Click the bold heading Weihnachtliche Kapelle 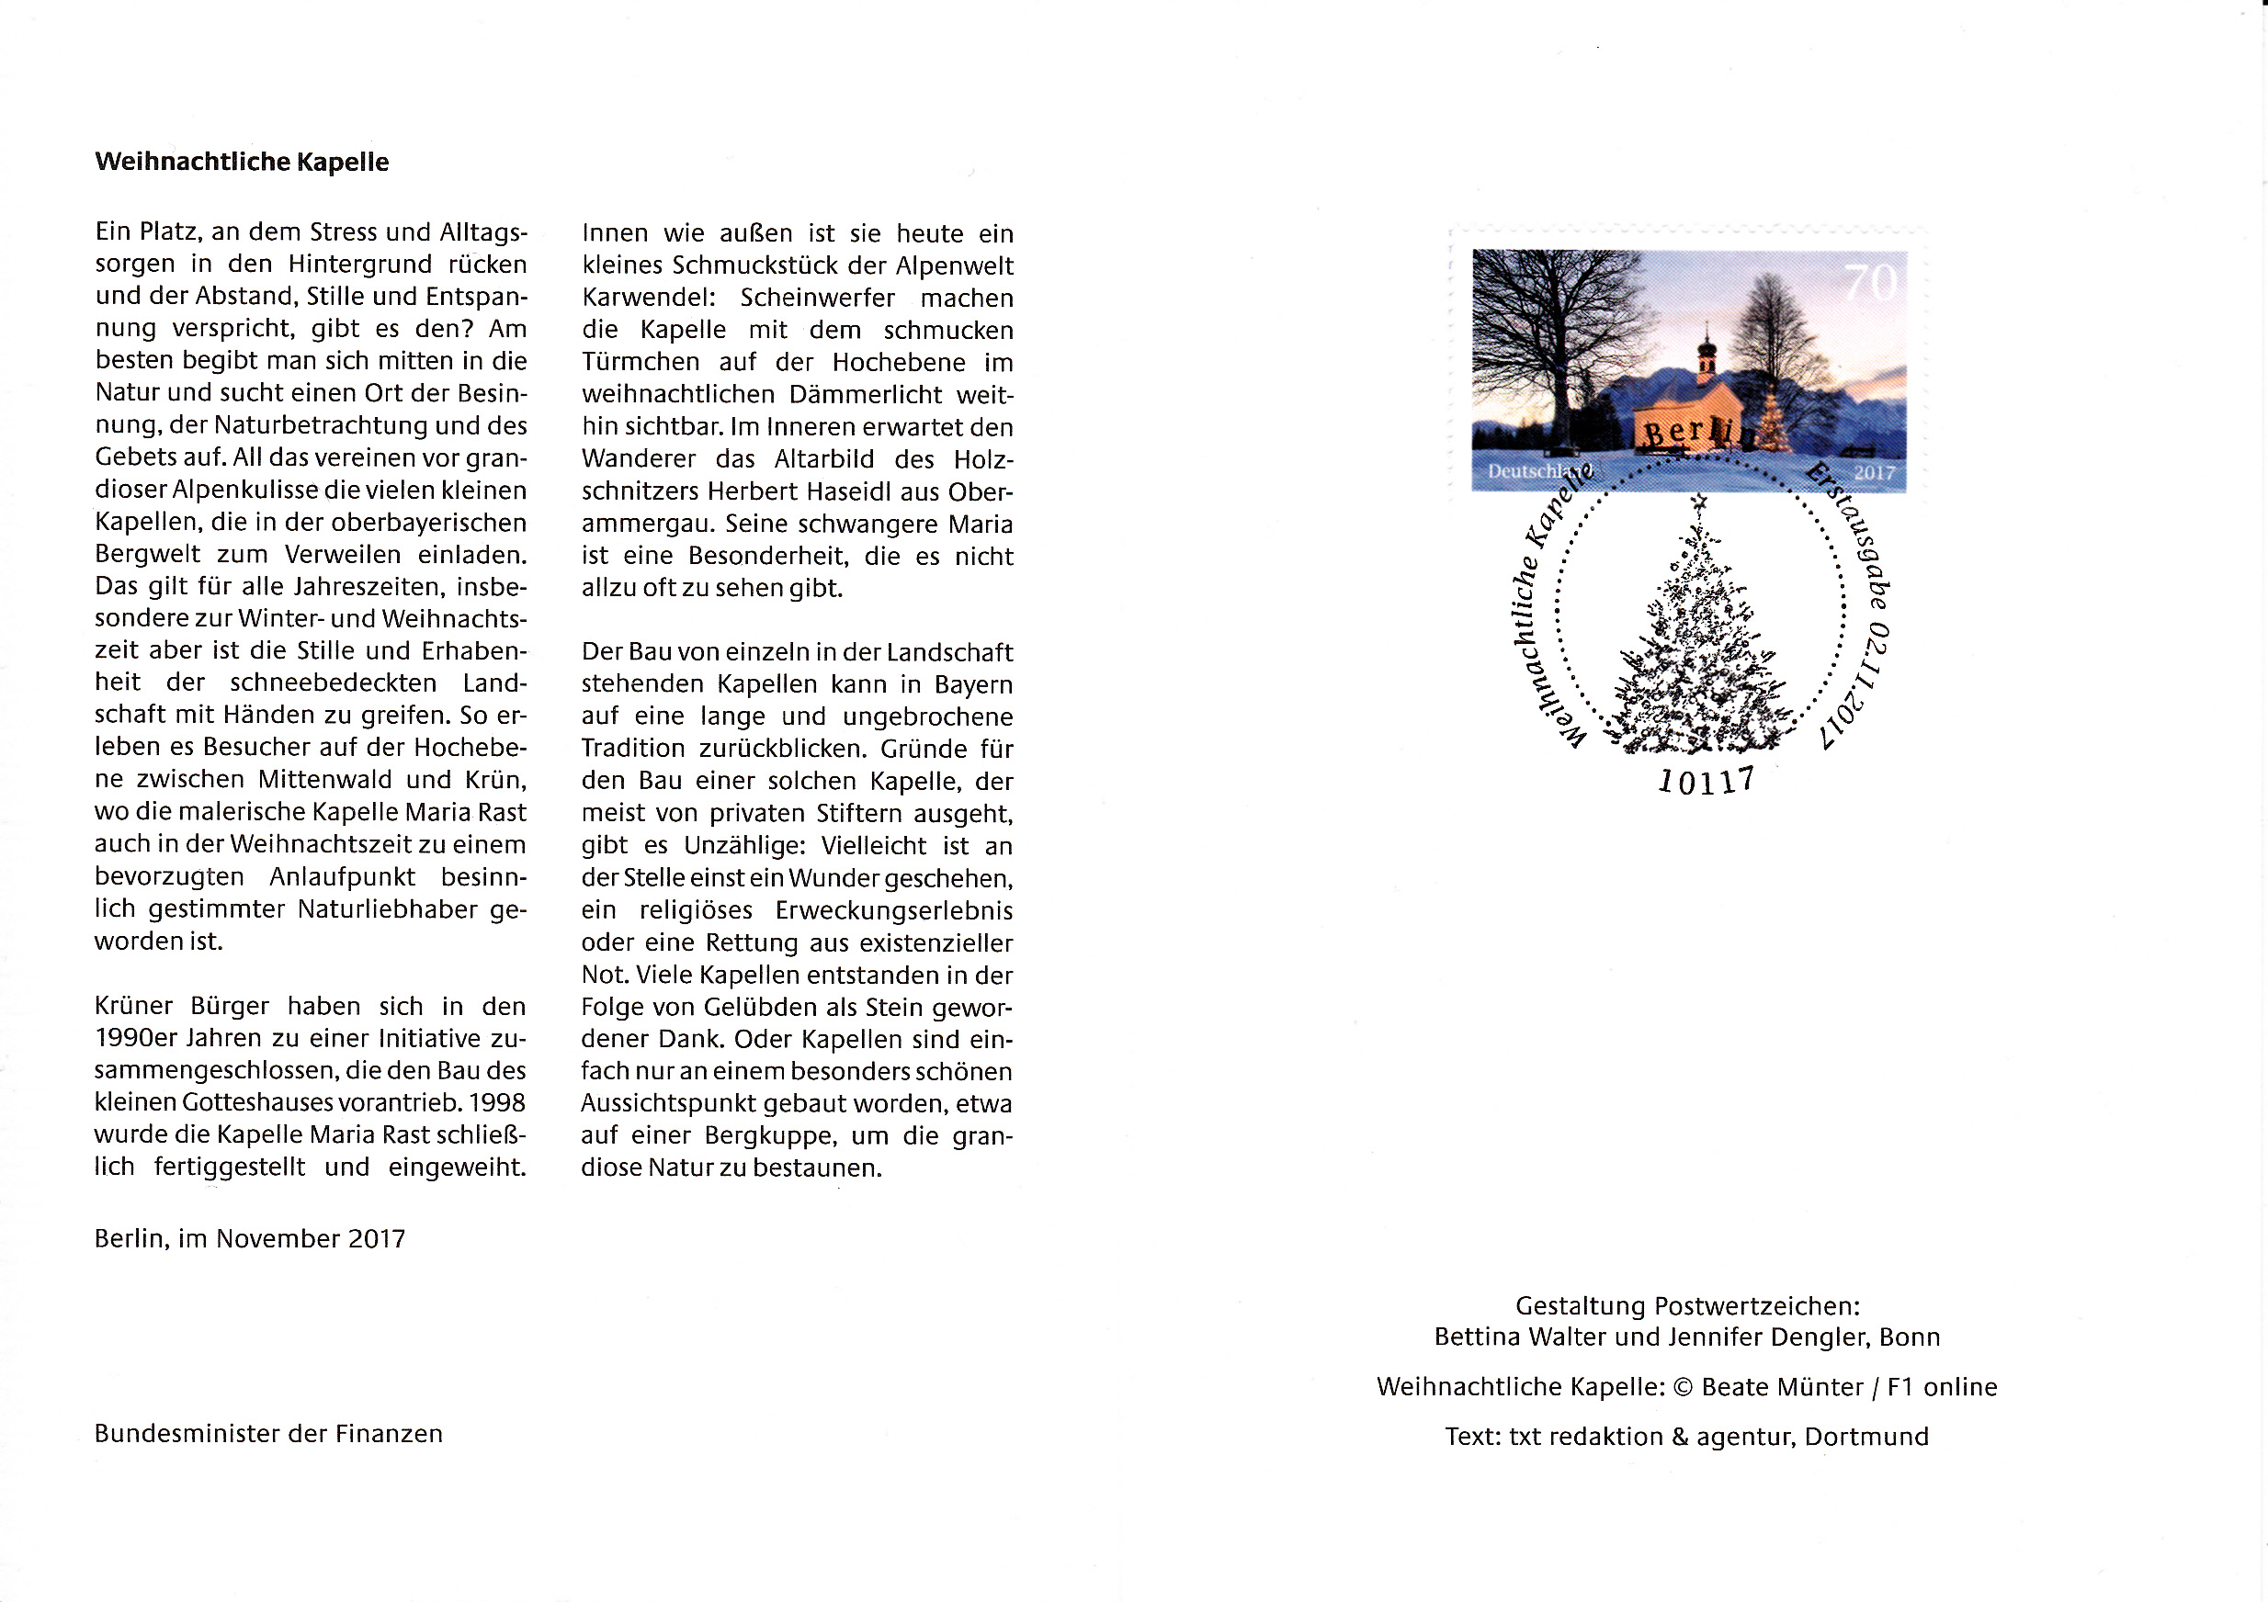tap(242, 162)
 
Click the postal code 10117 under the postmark tap(1706, 781)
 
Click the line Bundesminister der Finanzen tap(268, 1434)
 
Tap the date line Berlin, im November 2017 tap(250, 1238)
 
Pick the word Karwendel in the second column tap(648, 299)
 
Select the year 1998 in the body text tap(497, 1102)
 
